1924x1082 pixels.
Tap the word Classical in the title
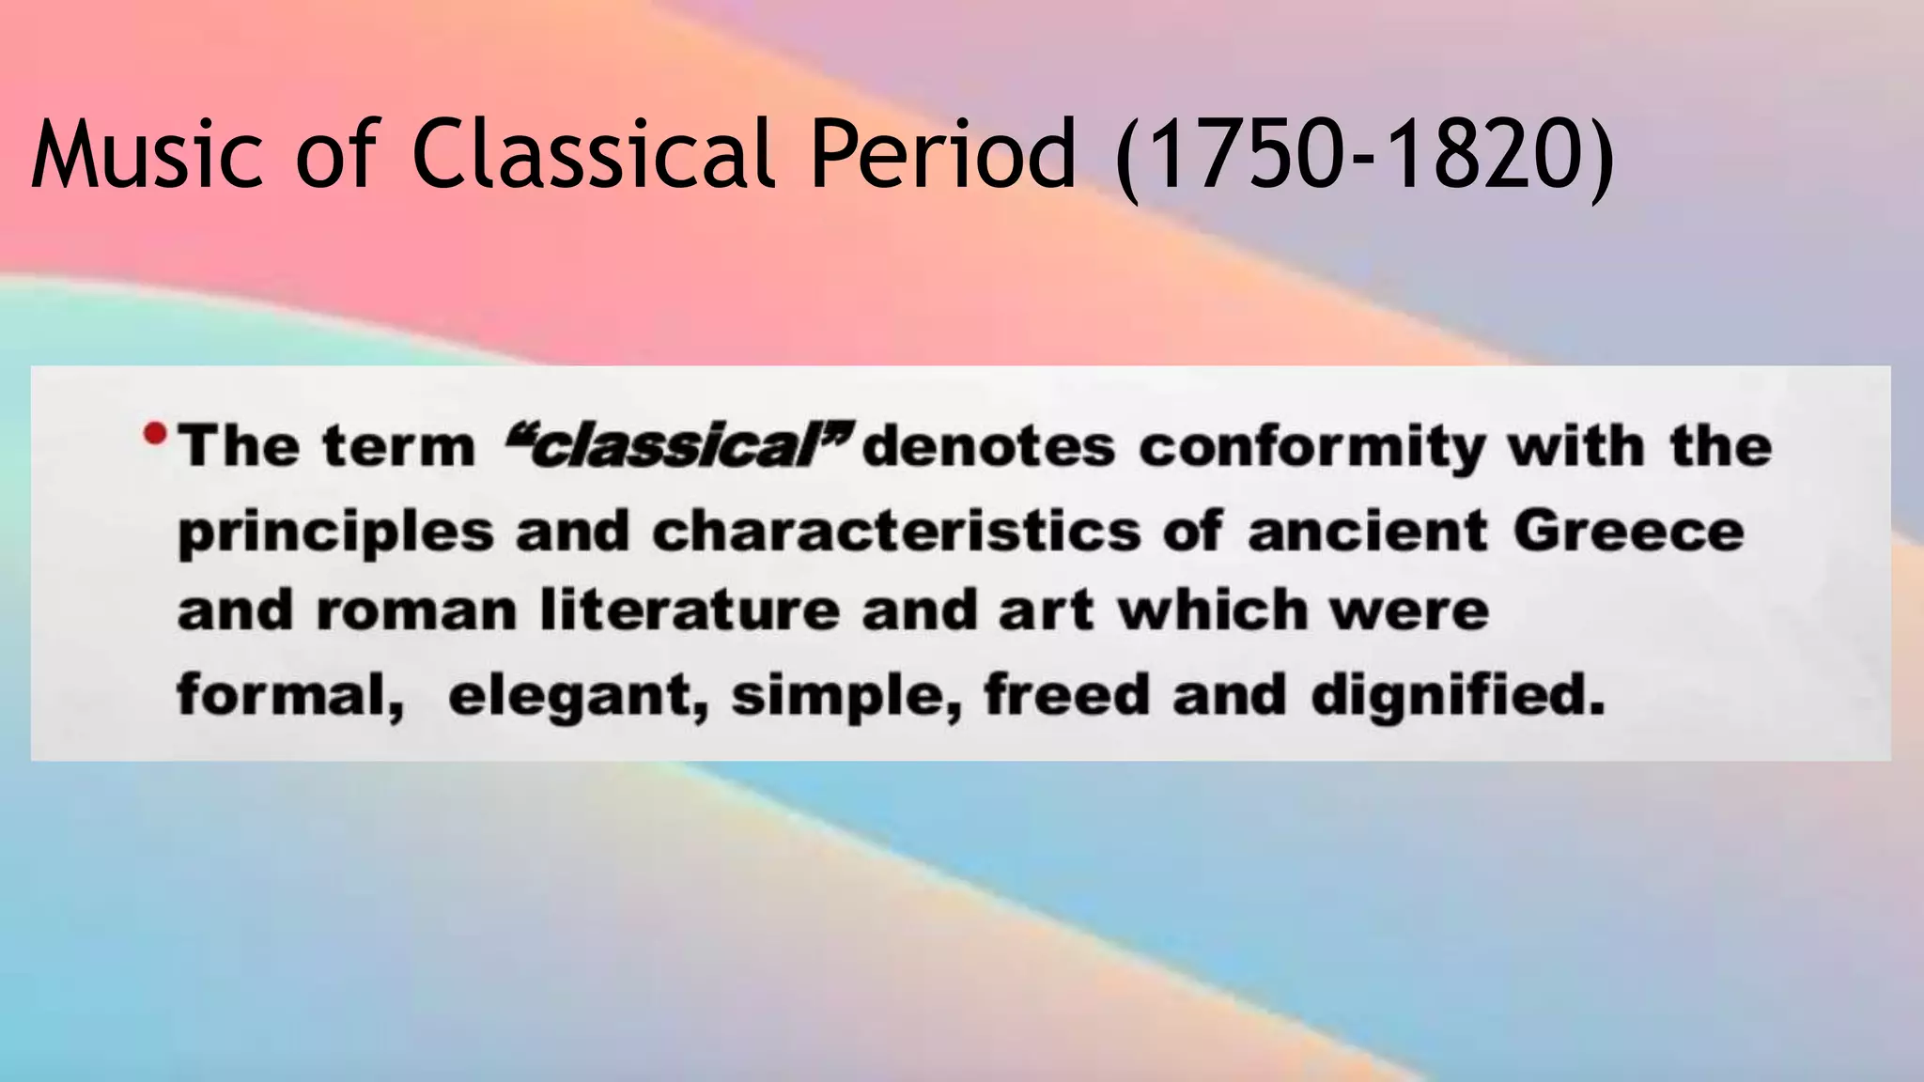click(x=595, y=154)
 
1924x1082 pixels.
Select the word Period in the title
click(x=942, y=154)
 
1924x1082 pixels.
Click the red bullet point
click(x=155, y=435)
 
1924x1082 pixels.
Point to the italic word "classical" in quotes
click(x=679, y=446)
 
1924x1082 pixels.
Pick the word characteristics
click(x=896, y=532)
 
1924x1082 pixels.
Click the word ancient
click(x=1367, y=531)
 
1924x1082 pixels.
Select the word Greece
click(x=1628, y=531)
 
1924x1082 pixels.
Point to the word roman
click(x=416, y=611)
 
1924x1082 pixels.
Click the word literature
click(x=690, y=611)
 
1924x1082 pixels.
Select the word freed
click(x=1066, y=696)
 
